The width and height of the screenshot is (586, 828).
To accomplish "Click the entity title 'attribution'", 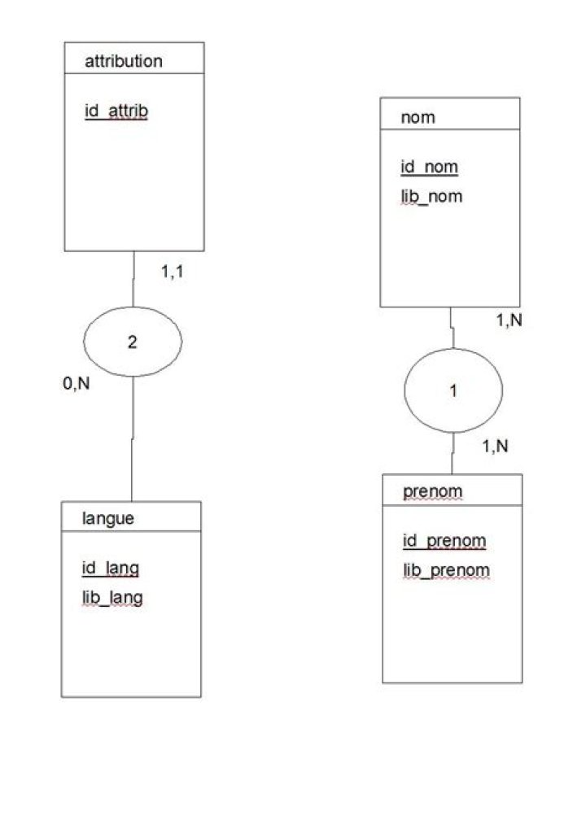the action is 124,61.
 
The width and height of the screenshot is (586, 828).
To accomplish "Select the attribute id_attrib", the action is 116,111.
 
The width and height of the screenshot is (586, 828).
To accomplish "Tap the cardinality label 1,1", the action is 173,272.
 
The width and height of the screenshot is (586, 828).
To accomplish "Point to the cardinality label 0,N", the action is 76,383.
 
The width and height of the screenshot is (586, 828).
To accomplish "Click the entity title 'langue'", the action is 107,519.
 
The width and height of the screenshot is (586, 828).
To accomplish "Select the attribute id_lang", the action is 111,569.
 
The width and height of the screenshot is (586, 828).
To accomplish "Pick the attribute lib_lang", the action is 112,598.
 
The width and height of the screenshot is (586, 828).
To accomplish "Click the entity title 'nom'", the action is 418,117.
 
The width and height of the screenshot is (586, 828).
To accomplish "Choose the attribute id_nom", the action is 429,167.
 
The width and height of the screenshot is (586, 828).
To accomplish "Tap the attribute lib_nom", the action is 431,197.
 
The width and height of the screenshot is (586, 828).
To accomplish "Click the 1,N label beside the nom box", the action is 509,320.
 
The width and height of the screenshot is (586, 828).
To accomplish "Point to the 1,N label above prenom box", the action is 495,447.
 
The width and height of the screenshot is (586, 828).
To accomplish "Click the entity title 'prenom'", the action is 433,491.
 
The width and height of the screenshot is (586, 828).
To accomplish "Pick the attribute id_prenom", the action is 444,541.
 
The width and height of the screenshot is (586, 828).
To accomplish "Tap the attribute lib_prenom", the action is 447,570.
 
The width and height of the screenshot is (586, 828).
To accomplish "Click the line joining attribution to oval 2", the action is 133,279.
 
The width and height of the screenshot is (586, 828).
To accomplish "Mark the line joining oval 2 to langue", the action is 132,439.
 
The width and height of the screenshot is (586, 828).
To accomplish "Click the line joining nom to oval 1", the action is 452,328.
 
